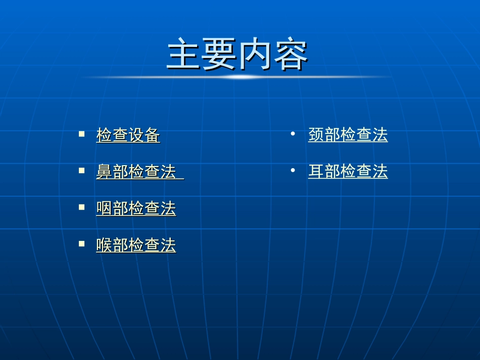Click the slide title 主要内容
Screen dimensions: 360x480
[237, 55]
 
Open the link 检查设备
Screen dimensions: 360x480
[128, 135]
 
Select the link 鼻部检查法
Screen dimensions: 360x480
[136, 172]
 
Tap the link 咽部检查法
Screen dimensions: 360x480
[136, 209]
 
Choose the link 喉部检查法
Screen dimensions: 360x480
[136, 245]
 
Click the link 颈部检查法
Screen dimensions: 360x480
[348, 135]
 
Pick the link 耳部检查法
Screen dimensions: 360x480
[348, 172]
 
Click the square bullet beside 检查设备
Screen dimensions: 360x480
[81, 134]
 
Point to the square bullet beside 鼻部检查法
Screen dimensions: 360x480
[81, 171]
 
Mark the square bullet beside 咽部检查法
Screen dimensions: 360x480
[81, 207]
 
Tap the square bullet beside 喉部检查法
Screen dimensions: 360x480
[81, 243]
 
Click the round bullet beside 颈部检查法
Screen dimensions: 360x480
[293, 134]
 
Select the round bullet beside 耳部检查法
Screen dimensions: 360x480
[293, 171]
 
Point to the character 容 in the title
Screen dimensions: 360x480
[291, 55]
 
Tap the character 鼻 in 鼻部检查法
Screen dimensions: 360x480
[105, 172]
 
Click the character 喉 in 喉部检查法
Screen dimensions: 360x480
[105, 245]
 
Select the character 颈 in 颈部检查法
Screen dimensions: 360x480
[316, 135]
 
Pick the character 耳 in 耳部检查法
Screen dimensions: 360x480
[316, 172]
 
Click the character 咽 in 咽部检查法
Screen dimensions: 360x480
[105, 209]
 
